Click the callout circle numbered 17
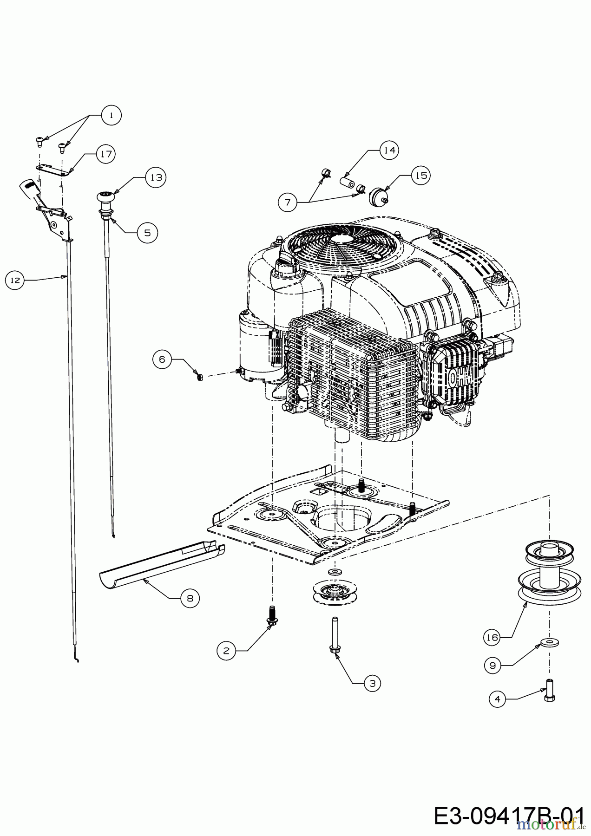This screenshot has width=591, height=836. click(x=106, y=154)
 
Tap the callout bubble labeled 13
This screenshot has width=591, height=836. click(x=156, y=177)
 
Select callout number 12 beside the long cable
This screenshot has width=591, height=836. click(x=15, y=281)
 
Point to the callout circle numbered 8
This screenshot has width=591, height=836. click(x=190, y=598)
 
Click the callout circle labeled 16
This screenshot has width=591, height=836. click(x=492, y=637)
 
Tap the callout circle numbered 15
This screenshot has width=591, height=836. click(x=421, y=176)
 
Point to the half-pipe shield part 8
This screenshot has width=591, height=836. click(x=163, y=562)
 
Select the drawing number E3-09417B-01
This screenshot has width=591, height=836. click(x=509, y=816)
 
